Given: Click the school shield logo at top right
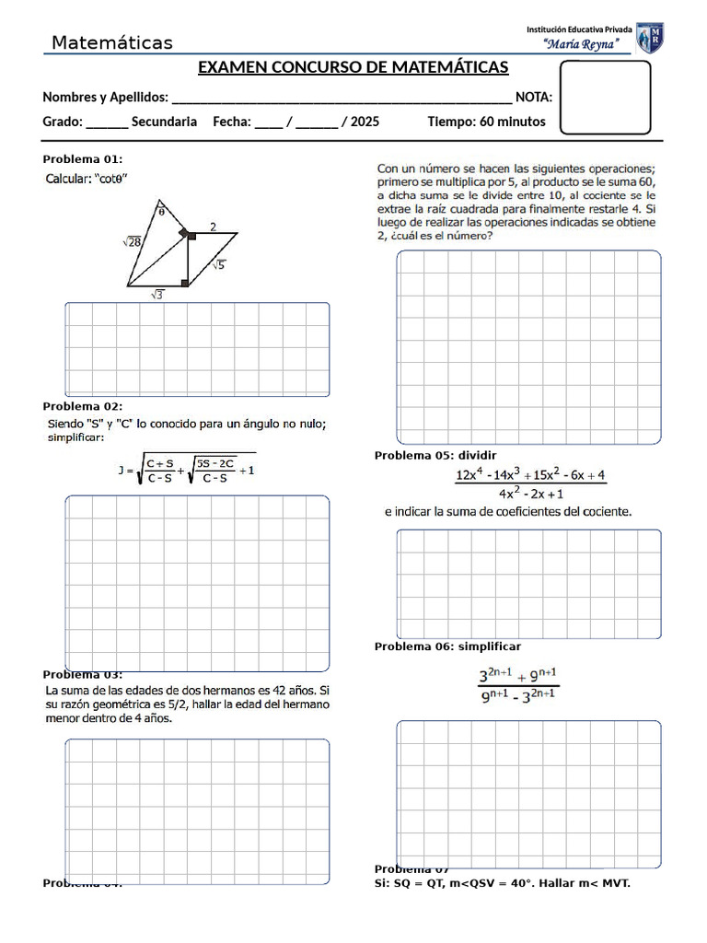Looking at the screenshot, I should (x=650, y=38).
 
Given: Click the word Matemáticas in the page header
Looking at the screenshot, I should (x=111, y=43).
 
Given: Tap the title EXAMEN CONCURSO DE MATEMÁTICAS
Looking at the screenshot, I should (x=353, y=69).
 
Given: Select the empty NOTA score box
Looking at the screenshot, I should (x=605, y=98).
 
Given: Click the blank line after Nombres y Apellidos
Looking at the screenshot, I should (x=342, y=98).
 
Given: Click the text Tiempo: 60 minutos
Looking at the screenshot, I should (x=486, y=122).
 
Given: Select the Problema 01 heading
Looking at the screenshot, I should (x=82, y=158).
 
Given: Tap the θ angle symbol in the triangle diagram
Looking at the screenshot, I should (x=161, y=211).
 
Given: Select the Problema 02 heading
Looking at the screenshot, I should (x=82, y=406).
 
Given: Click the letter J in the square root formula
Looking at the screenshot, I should (x=121, y=471).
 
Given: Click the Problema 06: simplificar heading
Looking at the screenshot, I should (x=447, y=646).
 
